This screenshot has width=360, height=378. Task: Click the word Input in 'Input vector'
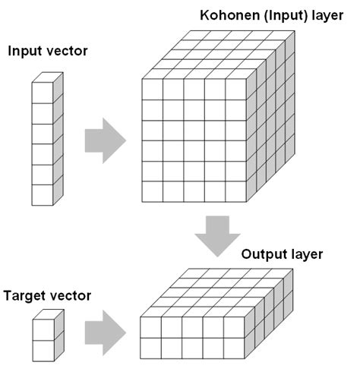(x=26, y=52)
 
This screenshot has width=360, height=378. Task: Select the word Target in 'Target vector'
(x=24, y=294)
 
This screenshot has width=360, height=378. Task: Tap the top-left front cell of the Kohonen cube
(x=153, y=89)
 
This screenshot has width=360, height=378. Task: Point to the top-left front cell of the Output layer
(x=150, y=328)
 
